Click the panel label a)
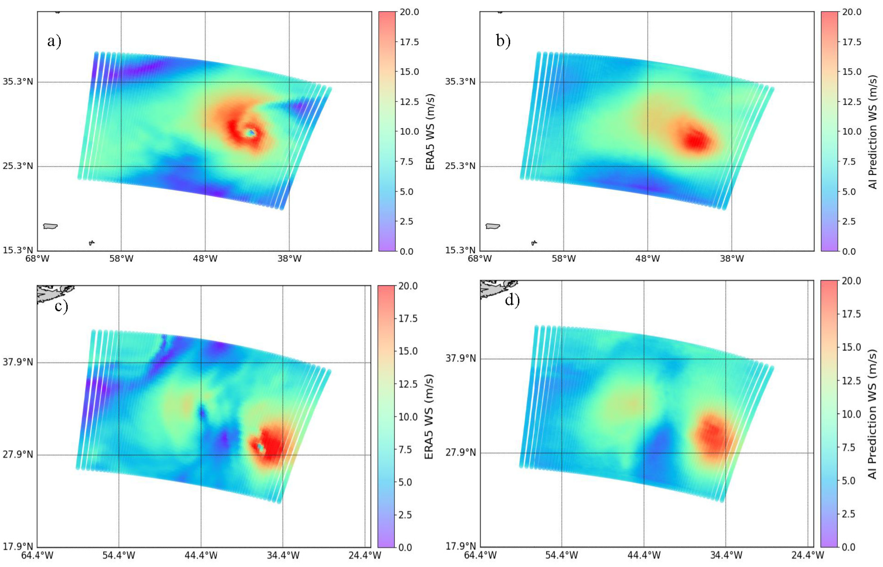click(54, 41)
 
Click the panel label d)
click(512, 300)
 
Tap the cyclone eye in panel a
click(251, 133)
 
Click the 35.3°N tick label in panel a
click(18, 81)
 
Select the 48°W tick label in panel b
click(648, 258)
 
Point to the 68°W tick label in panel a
click(37, 258)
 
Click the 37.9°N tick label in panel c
click(18, 362)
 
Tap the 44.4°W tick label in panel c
click(201, 555)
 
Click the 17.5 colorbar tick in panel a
click(409, 42)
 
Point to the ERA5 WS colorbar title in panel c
click(429, 416)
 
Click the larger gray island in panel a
click(50, 226)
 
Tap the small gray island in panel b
click(534, 243)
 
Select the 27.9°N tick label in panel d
click(460, 452)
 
